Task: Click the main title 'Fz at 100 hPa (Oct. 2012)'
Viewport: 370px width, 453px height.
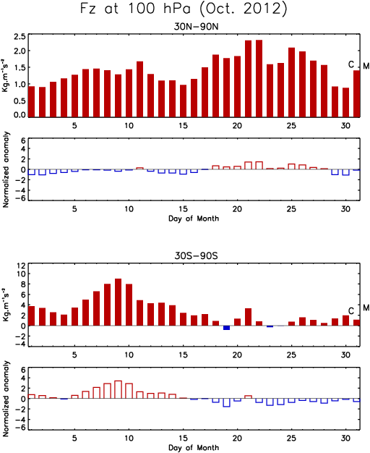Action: pos(184,9)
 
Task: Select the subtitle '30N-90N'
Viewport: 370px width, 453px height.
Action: pos(197,27)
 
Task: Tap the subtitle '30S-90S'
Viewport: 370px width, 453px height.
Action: pos(197,256)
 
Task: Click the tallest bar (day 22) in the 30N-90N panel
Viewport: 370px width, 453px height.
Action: pos(259,78)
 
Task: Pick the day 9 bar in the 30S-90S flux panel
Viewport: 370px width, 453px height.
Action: pos(118,302)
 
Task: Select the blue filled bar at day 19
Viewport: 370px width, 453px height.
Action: pos(227,328)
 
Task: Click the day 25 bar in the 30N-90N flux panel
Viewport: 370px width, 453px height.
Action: pos(291,82)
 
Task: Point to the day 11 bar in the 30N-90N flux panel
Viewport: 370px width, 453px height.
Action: pos(139,89)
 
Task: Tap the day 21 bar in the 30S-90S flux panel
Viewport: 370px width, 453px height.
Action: pos(248,317)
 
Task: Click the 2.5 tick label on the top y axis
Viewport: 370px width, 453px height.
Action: pos(20,37)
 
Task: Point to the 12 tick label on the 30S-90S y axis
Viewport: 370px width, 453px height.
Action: pos(22,266)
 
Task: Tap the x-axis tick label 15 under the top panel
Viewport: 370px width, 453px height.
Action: pos(183,126)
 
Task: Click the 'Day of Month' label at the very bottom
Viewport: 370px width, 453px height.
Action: pos(194,448)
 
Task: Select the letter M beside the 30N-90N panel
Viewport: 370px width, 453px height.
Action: pos(366,66)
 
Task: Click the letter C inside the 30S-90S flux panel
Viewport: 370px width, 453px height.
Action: pos(351,311)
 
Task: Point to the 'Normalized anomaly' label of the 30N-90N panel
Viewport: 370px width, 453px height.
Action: pos(6,169)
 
